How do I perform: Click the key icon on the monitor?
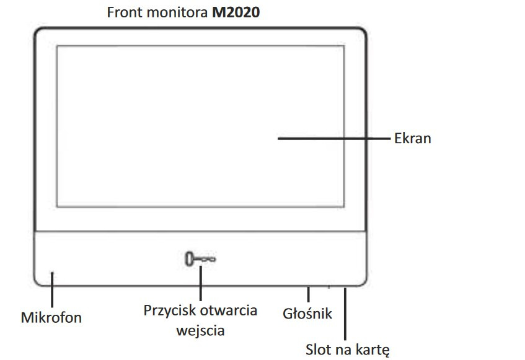(201, 259)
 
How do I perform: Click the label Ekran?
(413, 138)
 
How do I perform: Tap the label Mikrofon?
(51, 317)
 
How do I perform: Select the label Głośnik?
(307, 314)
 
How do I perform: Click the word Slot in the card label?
(318, 349)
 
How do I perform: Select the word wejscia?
(200, 331)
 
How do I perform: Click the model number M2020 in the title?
(236, 12)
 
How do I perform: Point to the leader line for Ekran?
(334, 138)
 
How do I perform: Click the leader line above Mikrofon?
(52, 290)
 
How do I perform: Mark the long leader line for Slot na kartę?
(345, 314)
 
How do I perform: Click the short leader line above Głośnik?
(309, 294)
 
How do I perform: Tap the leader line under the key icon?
(201, 283)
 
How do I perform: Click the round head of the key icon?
(190, 259)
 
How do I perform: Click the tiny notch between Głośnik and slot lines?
(329, 287)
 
